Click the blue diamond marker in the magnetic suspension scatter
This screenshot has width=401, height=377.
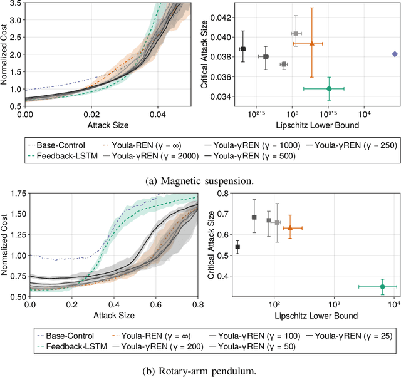[x=394, y=54]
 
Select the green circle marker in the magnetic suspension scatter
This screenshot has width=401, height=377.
[x=329, y=89]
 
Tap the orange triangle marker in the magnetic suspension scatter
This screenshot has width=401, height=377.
[x=311, y=43]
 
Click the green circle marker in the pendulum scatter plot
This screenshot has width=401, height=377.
[x=382, y=286]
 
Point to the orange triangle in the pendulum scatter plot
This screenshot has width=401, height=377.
[x=289, y=228]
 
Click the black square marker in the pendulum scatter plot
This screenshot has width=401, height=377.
[x=237, y=247]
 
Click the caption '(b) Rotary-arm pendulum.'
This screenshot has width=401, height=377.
[x=200, y=369]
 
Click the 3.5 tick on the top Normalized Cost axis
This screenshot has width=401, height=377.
[x=16, y=4]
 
